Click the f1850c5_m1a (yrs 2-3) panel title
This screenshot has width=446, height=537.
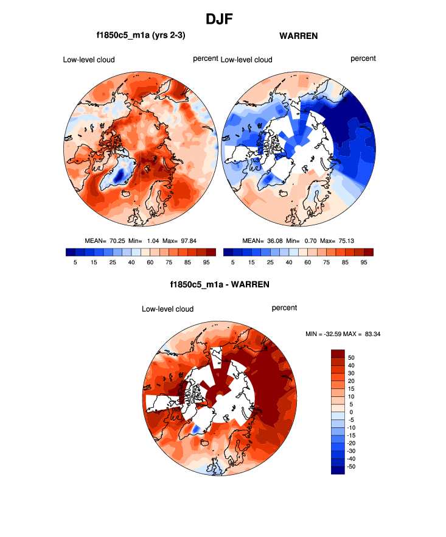[x=141, y=36]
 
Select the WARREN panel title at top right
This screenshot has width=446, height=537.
[x=298, y=36]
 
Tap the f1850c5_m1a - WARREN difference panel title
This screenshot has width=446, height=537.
[x=220, y=284]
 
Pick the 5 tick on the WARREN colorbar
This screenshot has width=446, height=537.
[x=233, y=262]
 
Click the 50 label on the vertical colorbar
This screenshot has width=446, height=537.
[x=351, y=358]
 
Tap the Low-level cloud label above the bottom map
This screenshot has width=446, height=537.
[x=167, y=309]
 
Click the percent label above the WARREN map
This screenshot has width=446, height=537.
[x=363, y=58]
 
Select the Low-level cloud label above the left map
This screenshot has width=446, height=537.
[x=89, y=60]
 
